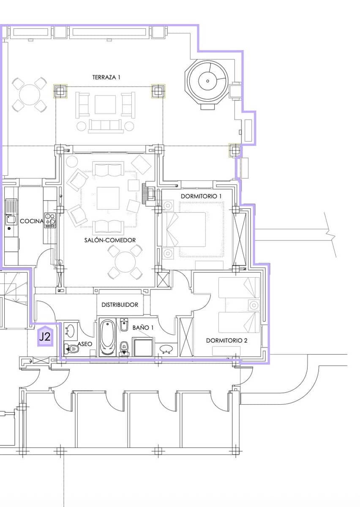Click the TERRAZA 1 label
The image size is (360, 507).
tap(106, 77)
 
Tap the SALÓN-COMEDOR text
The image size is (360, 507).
tap(110, 240)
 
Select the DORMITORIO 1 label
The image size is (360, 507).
tap(201, 196)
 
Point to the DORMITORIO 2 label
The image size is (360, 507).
tap(226, 341)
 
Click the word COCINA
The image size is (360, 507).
tap(32, 221)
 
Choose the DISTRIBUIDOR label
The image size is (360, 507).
tap(120, 305)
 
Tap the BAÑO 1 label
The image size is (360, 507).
tap(143, 327)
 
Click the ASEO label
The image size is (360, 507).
tap(85, 344)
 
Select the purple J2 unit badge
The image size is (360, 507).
tap(45, 336)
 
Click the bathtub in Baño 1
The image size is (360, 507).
tap(108, 338)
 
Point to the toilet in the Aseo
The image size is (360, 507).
tap(71, 350)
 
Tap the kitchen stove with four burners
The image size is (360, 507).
tap(50, 220)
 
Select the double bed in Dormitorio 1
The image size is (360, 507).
tap(184, 229)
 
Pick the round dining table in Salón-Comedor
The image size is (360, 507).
tap(125, 262)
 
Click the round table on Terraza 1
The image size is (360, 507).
tap(30, 94)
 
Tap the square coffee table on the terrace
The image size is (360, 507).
tap(105, 104)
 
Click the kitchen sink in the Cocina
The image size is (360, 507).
tap(11, 219)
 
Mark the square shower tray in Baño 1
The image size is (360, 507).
tap(143, 347)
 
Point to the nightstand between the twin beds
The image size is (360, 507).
tap(254, 305)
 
